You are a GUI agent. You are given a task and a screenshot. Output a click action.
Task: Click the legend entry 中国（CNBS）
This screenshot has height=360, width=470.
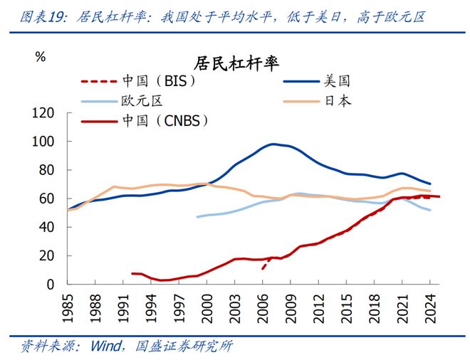pyautogui.click(x=164, y=120)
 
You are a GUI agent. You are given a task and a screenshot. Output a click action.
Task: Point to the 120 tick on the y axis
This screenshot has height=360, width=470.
pyautogui.click(x=45, y=113)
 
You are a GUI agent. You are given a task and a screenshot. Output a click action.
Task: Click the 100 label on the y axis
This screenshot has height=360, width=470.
pyautogui.click(x=45, y=142)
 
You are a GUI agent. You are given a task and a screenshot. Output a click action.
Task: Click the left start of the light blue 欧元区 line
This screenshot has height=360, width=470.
pyautogui.click(x=198, y=216)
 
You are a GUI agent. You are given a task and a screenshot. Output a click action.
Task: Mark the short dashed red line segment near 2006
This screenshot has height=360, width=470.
pyautogui.click(x=265, y=263)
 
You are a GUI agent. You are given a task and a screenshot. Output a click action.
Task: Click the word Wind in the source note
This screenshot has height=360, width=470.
pyautogui.click(x=105, y=347)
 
